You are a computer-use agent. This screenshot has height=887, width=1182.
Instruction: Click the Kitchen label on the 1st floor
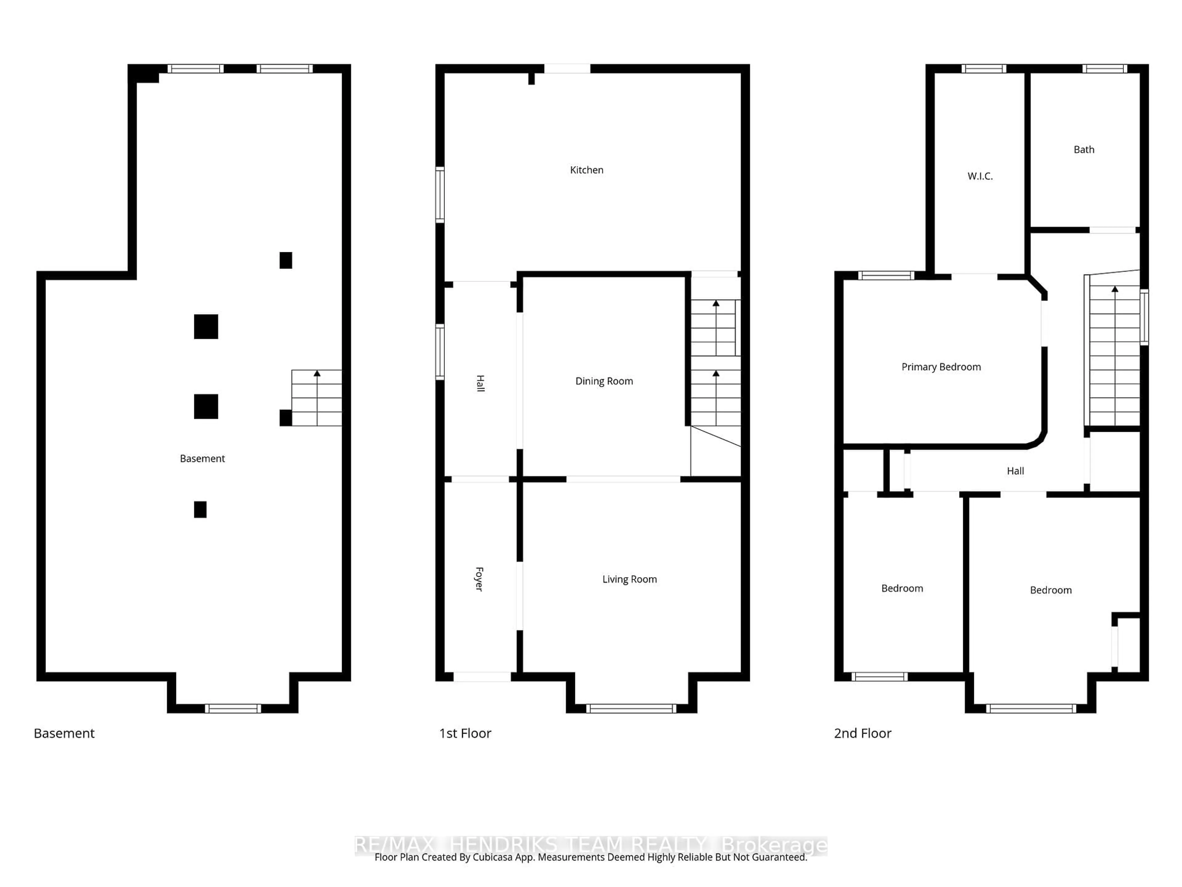click(x=586, y=170)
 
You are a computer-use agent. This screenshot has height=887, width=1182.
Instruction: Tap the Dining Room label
click(x=604, y=381)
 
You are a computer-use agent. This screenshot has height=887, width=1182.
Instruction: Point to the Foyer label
click(x=479, y=579)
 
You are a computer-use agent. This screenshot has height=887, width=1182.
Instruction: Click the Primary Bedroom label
click(x=941, y=367)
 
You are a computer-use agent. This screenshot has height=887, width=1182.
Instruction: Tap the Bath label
click(x=1084, y=150)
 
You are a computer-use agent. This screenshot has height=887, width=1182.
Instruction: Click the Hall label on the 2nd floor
click(x=1015, y=471)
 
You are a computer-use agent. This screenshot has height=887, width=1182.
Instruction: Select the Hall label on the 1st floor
click(x=480, y=383)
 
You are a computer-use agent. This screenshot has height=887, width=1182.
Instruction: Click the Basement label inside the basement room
click(x=202, y=459)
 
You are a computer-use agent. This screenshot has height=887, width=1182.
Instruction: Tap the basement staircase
click(x=316, y=398)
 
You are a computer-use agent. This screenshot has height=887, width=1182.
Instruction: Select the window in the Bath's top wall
click(x=1104, y=68)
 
